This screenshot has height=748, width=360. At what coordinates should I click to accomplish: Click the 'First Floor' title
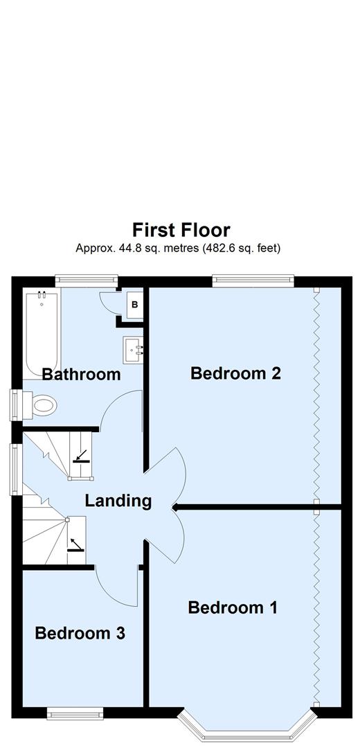tap(181, 229)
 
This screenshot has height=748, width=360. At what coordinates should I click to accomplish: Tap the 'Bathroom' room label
tap(81, 375)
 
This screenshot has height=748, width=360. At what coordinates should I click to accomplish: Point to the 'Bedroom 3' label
tap(80, 633)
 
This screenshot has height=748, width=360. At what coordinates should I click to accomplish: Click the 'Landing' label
tap(118, 500)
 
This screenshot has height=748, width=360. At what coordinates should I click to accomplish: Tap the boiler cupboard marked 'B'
tap(134, 304)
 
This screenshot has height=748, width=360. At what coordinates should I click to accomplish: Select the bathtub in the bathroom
tap(42, 332)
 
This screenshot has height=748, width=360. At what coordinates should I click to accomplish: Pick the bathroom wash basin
tap(133, 350)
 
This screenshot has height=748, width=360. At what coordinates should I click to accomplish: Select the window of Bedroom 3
tap(75, 712)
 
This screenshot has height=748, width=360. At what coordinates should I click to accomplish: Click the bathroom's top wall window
tap(84, 280)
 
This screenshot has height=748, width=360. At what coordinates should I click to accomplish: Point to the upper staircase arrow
tap(81, 455)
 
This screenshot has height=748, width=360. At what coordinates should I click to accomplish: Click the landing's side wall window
tap(14, 469)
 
